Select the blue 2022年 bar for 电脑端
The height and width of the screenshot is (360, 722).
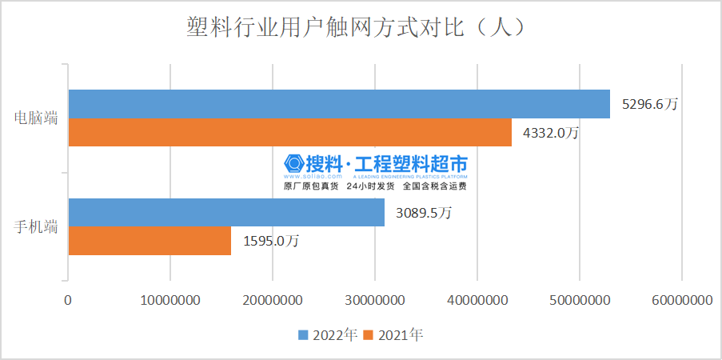coord(338,104)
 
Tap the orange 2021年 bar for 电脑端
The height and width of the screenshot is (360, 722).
coord(289,132)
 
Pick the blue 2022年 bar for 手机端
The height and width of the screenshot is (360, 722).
coord(226,213)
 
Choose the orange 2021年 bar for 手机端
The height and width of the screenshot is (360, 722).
coord(150,241)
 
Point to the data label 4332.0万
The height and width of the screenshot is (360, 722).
coord(551,133)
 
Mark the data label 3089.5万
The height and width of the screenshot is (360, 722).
coord(424,213)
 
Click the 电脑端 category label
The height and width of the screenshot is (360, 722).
coord(37,118)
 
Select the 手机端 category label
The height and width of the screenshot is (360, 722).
coord(37,227)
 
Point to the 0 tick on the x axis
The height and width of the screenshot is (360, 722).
coord(68,301)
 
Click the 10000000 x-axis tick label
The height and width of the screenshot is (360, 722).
coord(170,301)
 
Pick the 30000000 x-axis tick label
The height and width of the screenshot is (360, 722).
coord(375,301)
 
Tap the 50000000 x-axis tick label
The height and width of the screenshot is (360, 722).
coord(580,301)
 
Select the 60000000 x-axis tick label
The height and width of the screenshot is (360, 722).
coord(682,301)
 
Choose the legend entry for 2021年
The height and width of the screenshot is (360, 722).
coord(393,335)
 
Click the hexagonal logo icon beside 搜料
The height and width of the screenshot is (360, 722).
coord(294,165)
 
